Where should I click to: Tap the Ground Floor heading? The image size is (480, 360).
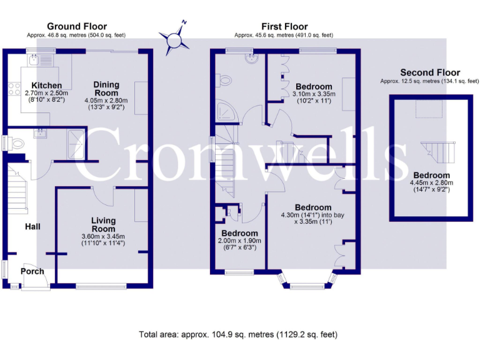point(73,26)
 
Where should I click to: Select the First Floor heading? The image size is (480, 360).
point(284,26)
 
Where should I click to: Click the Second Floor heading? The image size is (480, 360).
point(429,72)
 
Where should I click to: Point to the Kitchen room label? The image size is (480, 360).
point(47,86)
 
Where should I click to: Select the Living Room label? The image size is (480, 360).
point(103,224)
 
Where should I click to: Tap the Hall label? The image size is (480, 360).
point(33,226)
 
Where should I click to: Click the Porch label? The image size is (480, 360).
point(32,271)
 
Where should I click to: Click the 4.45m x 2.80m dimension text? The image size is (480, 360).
point(431,183)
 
